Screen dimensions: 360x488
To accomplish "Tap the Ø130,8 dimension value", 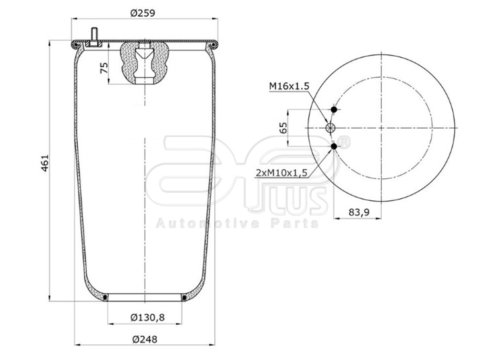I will point(144,317).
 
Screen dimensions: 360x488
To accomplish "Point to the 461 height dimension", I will point(44,163).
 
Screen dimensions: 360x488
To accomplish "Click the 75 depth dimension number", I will point(103,67).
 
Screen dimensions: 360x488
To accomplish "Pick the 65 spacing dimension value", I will point(283,127).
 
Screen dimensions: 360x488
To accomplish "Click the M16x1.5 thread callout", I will point(289,86).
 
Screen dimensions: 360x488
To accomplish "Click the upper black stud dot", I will point(334,110).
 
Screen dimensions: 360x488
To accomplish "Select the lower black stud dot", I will point(334,146).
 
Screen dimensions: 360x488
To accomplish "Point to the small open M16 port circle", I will point(330,128).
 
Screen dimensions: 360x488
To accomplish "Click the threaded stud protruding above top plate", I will point(93,36).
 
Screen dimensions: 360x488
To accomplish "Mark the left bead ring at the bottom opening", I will point(105,298).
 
